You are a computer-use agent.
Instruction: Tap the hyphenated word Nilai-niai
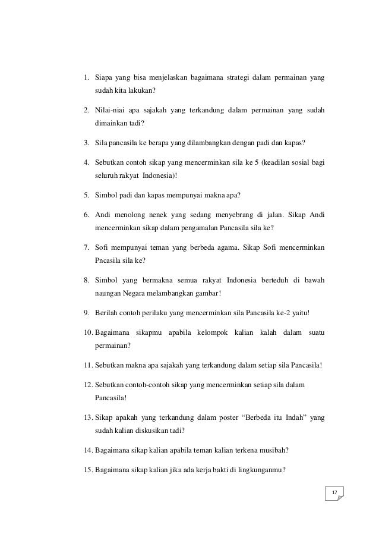[111, 110]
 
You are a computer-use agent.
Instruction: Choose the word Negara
[128, 294]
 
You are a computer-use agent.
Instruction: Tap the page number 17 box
[334, 493]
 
